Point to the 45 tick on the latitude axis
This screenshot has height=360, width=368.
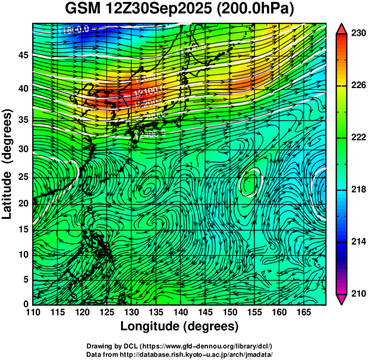click(21, 55)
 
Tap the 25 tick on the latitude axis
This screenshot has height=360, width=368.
click(21, 177)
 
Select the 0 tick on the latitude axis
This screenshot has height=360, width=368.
click(24, 303)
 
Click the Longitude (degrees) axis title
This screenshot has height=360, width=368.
click(180, 326)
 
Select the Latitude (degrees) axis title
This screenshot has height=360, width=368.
click(8, 163)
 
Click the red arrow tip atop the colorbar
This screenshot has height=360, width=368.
click(342, 29)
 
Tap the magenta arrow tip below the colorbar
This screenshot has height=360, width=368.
click(342, 299)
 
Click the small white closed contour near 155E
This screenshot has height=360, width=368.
click(250, 181)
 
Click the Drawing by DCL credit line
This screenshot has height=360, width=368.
click(180, 346)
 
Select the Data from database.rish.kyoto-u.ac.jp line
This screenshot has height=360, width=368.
click(180, 354)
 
